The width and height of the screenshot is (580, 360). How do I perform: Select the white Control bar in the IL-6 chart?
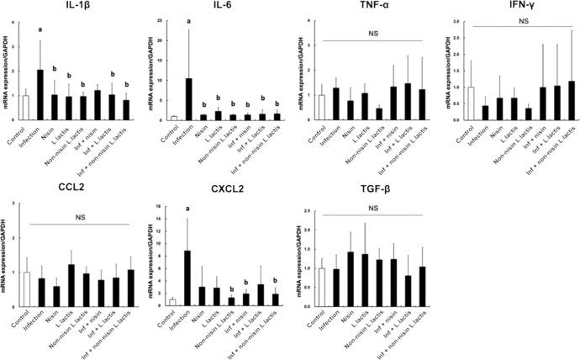click(174, 118)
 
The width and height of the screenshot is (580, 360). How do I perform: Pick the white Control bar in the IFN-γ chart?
click(472, 103)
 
